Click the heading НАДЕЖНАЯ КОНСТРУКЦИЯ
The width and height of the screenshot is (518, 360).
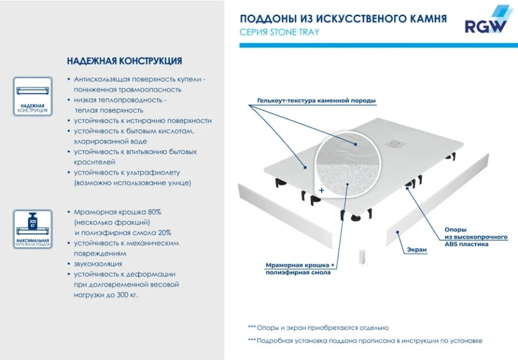(124, 61)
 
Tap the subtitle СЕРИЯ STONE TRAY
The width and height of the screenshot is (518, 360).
(279, 32)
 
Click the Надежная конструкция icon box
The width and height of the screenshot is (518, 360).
(33, 96)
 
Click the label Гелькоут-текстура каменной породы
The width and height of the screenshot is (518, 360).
(316, 100)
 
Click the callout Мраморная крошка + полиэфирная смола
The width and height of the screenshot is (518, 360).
(299, 268)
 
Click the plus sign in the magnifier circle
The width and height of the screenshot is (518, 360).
(322, 190)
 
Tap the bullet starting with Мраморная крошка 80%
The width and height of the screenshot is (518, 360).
(117, 212)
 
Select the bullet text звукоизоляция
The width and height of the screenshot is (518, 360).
(98, 263)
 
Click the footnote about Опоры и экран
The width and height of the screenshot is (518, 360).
(322, 328)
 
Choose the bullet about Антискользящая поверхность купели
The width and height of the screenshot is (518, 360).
(140, 79)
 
